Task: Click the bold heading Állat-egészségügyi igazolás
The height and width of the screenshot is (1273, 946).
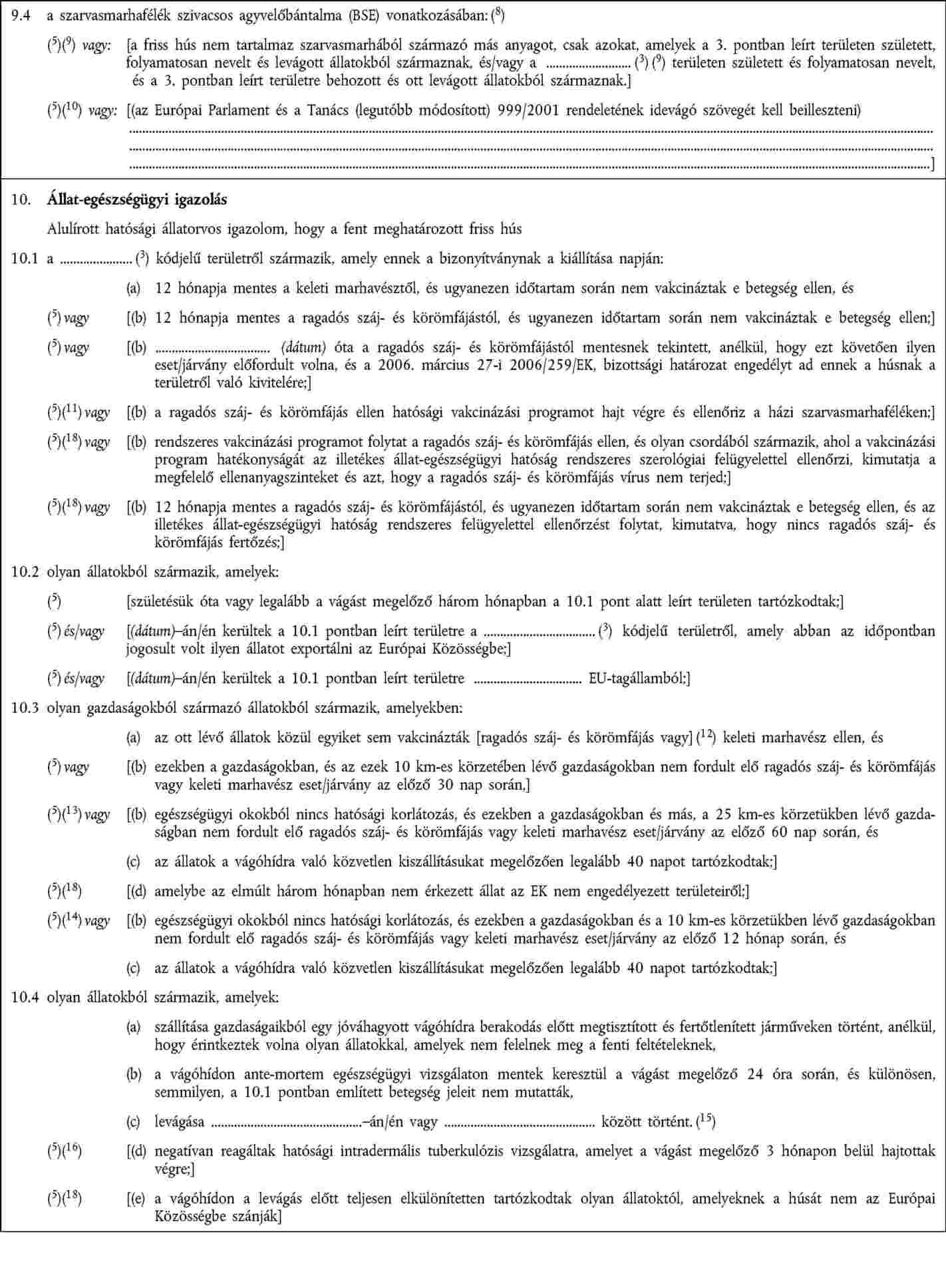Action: [137, 200]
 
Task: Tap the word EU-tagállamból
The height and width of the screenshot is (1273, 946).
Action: [639, 678]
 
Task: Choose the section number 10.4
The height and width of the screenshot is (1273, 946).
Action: [23, 998]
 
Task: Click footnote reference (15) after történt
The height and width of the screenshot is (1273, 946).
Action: [706, 1122]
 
